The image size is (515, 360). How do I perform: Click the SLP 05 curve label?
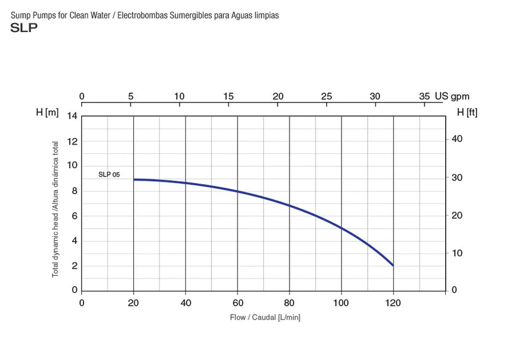click(x=109, y=175)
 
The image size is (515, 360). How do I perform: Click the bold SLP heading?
click(x=24, y=28)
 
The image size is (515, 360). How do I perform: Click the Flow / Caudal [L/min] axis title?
click(x=265, y=318)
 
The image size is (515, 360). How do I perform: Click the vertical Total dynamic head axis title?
click(x=56, y=209)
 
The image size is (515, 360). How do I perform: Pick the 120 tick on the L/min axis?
click(x=393, y=303)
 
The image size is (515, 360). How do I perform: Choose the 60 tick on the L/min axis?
click(x=237, y=303)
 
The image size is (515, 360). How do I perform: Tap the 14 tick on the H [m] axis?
click(x=72, y=116)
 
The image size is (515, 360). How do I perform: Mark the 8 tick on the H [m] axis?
click(x=75, y=191)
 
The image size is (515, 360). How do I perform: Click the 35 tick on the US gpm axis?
click(x=424, y=97)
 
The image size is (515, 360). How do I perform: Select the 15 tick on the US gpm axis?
click(x=229, y=97)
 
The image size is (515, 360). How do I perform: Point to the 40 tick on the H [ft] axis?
click(x=457, y=139)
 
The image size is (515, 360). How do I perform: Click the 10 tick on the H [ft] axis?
click(x=456, y=253)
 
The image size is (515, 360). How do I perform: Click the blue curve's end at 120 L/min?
click(x=392, y=265)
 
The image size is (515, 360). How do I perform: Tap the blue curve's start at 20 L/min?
click(x=134, y=179)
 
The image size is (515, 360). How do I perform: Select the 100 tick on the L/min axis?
click(x=342, y=303)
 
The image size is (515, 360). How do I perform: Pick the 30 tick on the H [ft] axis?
click(x=457, y=178)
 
